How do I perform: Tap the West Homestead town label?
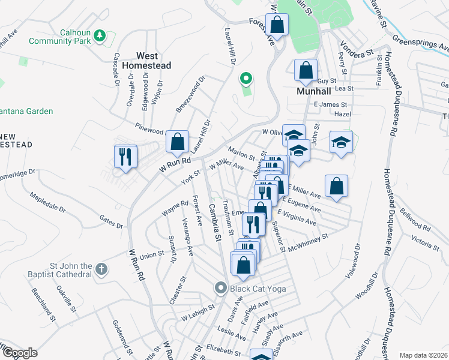(146, 60)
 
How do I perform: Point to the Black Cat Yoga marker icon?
(222, 289)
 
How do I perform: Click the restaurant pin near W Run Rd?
(125, 157)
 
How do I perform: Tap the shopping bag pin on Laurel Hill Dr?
(177, 143)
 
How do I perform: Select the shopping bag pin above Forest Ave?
(277, 25)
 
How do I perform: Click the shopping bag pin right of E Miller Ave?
(337, 186)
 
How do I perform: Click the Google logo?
(19, 352)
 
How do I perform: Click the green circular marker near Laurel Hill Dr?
(245, 79)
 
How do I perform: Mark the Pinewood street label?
(149, 131)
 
